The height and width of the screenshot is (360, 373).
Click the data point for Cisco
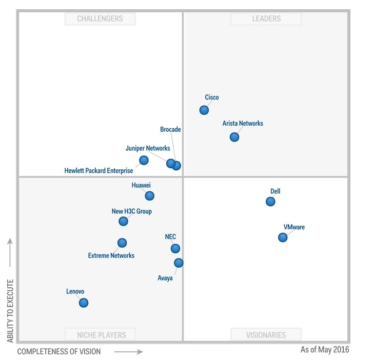point(204,110)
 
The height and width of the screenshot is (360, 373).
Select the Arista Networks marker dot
point(234,137)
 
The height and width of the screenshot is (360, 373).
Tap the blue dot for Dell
point(270,202)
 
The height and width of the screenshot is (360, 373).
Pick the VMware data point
point(283,237)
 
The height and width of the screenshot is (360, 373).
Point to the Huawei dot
point(149,195)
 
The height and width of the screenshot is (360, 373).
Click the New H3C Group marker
point(123,221)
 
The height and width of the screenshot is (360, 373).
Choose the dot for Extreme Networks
point(122,243)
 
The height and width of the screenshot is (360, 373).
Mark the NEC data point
point(175,248)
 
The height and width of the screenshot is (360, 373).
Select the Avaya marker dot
point(179,263)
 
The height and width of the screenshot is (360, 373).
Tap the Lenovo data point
point(84,303)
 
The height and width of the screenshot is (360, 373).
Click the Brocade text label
point(170,130)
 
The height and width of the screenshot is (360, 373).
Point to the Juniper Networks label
point(148,148)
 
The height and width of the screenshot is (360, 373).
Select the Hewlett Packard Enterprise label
point(99,171)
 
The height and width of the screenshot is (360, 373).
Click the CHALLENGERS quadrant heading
point(100,19)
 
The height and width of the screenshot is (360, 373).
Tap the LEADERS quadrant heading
point(266,19)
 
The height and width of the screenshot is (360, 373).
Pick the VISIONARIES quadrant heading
point(266,335)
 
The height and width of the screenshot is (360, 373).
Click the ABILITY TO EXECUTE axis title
point(10,311)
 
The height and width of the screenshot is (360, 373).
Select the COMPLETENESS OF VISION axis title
point(59,352)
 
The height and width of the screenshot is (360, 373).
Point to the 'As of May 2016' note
point(324,350)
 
